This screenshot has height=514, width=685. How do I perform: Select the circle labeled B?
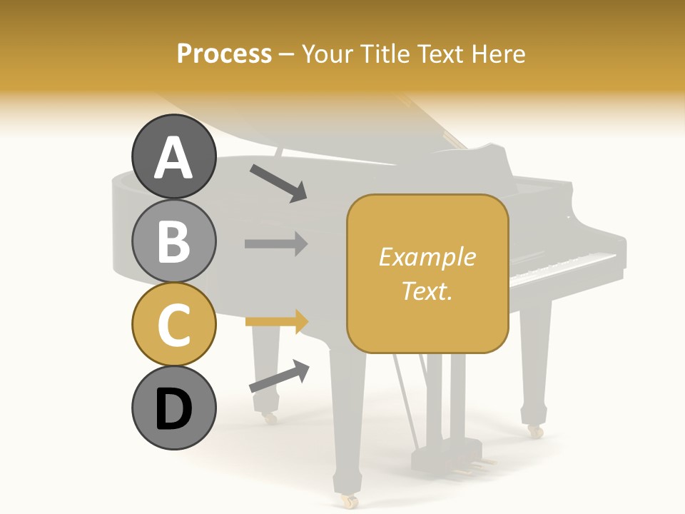click(174, 241)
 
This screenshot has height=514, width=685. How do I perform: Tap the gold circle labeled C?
click(174, 324)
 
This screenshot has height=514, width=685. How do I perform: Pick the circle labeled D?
click(174, 408)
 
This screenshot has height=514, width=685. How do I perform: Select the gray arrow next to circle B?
click(276, 243)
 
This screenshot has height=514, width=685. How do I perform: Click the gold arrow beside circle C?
click(276, 322)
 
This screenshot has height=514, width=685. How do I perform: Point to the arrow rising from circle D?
click(279, 376)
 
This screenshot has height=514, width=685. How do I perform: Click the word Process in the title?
click(224, 54)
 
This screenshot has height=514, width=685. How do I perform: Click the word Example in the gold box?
click(427, 257)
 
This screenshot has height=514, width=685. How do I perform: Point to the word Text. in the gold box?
click(427, 291)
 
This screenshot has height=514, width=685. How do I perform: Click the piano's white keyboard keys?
click(564, 267)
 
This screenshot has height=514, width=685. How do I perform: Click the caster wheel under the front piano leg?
click(350, 502)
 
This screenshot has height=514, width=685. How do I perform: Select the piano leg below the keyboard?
click(535, 357)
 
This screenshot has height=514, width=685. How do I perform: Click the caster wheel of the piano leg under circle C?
click(269, 418)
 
